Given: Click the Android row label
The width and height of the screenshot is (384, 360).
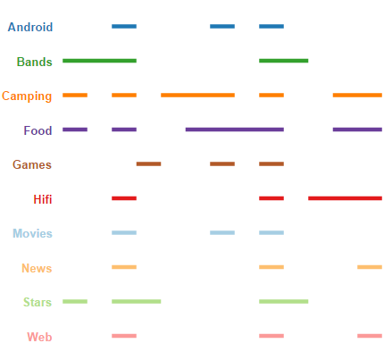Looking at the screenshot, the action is [30, 27].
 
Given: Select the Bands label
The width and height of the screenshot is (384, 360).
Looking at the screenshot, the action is [35, 62].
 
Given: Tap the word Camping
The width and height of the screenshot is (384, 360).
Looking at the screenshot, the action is [27, 96].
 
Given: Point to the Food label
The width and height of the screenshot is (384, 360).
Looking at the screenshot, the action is [38, 130].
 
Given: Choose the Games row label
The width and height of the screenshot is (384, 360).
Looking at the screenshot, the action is [32, 164].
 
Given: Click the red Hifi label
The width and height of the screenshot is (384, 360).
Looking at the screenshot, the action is [43, 199].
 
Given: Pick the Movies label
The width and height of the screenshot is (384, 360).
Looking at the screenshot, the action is [32, 233].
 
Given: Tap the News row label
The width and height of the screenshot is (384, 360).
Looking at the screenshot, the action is [37, 268].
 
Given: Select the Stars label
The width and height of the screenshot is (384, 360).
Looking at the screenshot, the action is [38, 302].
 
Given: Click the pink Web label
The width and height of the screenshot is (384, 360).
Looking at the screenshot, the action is [39, 337].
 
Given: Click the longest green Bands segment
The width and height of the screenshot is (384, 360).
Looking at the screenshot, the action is [99, 61].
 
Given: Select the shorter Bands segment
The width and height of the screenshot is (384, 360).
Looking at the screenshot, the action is [284, 61].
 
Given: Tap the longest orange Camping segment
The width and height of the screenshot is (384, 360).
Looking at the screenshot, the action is [197, 96].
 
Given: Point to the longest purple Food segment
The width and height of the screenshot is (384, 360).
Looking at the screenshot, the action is [235, 130].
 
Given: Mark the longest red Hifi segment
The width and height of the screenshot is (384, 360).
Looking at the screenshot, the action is [345, 198].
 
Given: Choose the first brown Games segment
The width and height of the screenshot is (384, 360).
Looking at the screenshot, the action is [148, 163].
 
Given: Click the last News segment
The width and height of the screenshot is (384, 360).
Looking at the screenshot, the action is [370, 267].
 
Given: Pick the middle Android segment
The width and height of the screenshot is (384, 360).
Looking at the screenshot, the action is [222, 27].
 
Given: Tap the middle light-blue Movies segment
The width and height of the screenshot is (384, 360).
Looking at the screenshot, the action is [222, 232].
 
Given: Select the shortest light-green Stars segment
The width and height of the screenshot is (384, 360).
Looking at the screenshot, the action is [75, 301].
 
